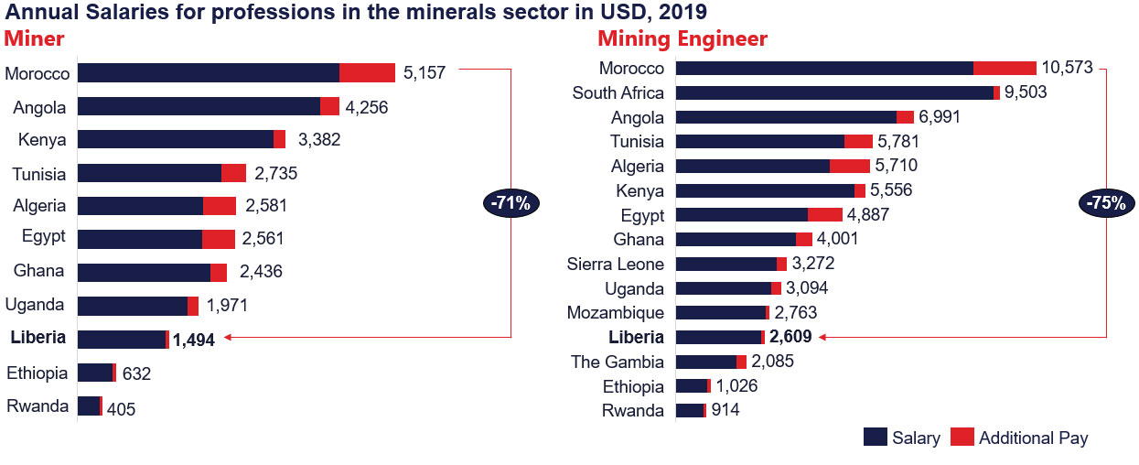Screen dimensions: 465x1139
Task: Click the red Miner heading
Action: point(34,39)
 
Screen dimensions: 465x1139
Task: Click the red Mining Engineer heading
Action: point(682,39)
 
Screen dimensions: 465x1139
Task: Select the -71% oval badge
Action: point(511,203)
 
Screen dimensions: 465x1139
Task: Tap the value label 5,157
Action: point(424,73)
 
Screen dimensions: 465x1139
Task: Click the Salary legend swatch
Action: point(875,438)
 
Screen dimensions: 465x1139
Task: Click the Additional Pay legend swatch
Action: point(962,438)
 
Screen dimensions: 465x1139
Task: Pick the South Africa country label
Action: point(618,92)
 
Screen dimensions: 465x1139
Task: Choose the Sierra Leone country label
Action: point(615,264)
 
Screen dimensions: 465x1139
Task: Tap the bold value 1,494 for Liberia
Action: point(194,340)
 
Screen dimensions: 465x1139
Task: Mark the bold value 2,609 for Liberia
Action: point(791,337)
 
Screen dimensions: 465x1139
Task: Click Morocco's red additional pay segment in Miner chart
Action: point(367,73)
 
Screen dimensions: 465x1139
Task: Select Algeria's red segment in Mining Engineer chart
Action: point(850,166)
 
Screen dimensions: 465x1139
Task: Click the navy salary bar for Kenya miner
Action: point(176,139)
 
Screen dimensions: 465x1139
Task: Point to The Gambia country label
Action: point(618,361)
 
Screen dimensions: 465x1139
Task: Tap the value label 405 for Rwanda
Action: point(120,408)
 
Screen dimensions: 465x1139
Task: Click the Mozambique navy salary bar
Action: point(720,312)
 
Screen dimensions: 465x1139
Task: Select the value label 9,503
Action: point(1026,92)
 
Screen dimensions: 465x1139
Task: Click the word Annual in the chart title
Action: point(37,11)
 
